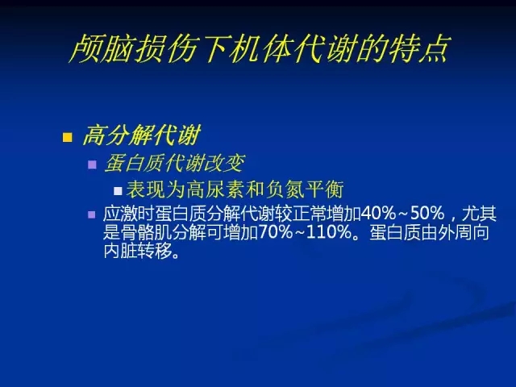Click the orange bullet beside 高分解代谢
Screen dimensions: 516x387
pyautogui.click(x=68, y=137)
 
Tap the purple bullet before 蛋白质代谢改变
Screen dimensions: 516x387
pyautogui.click(x=93, y=164)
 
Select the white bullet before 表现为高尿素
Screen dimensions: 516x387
pyautogui.click(x=118, y=191)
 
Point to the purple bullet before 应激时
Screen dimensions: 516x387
pyautogui.click(x=92, y=215)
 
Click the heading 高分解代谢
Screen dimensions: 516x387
pyautogui.click(x=142, y=135)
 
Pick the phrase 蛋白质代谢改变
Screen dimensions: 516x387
pyautogui.click(x=174, y=163)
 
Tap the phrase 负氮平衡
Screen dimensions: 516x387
pyautogui.click(x=305, y=189)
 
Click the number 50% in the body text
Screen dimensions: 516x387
pyautogui.click(x=427, y=214)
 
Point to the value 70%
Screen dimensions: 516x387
pyautogui.click(x=276, y=232)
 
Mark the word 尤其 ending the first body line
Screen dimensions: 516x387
pyautogui.click(x=479, y=214)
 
